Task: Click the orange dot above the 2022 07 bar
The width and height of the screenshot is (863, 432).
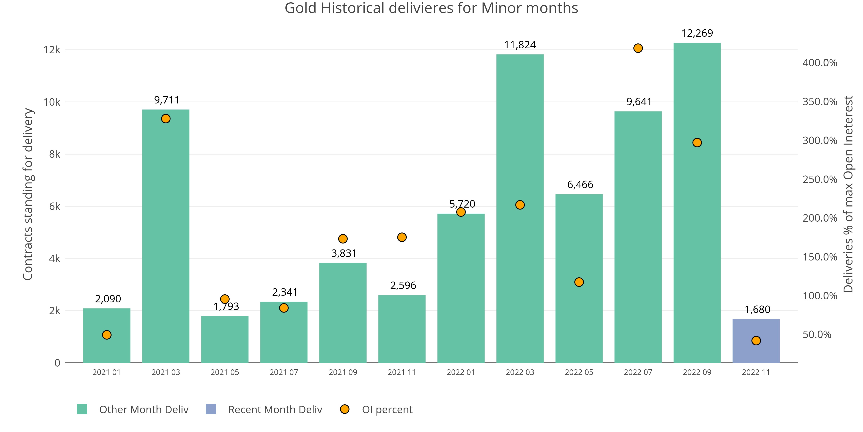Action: pyautogui.click(x=638, y=48)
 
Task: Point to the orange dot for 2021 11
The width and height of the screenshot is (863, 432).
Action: pyautogui.click(x=402, y=237)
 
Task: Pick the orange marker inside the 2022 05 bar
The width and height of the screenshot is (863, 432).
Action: pyautogui.click(x=579, y=282)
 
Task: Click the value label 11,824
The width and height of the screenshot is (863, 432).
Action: pyautogui.click(x=520, y=45)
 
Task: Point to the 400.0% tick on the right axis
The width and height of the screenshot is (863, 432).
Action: pyautogui.click(x=819, y=63)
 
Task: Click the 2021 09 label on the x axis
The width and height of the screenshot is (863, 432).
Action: pyautogui.click(x=343, y=372)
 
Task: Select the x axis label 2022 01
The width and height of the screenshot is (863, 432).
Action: pyautogui.click(x=461, y=372)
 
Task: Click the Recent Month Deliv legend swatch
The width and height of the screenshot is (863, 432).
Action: pyautogui.click(x=211, y=409)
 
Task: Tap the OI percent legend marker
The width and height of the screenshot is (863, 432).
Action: pyautogui.click(x=344, y=409)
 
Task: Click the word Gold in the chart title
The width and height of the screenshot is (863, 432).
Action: pyautogui.click(x=301, y=8)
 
